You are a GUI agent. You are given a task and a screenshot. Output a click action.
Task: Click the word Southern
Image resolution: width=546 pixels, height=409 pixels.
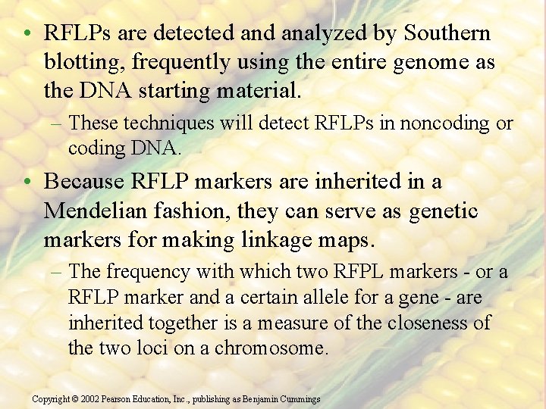pyautogui.click(x=447, y=34)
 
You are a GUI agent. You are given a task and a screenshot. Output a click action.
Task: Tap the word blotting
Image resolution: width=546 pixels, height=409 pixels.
pyautogui.click(x=83, y=63)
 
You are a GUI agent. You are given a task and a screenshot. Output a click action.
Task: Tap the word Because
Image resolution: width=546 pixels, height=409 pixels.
pyautogui.click(x=84, y=183)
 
